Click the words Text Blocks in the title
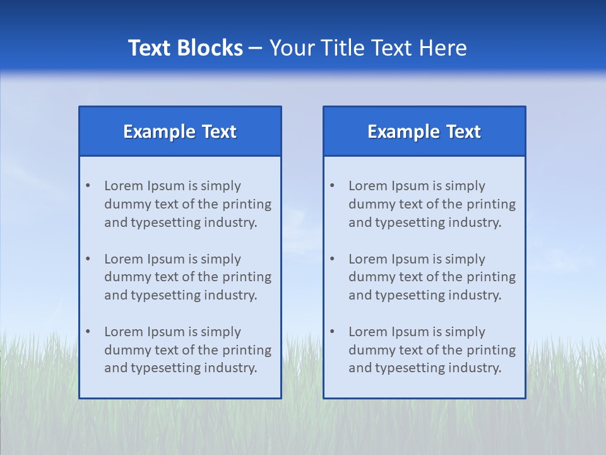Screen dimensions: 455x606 186,48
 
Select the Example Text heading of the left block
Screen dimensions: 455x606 180,131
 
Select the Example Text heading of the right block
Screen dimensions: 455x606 424,131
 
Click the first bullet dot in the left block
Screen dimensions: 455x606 88,186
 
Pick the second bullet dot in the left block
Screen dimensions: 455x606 88,259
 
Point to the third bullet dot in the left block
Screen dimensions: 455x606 88,332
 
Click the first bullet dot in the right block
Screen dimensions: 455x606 332,186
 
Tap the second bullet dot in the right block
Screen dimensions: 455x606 332,259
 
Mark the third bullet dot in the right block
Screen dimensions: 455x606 332,332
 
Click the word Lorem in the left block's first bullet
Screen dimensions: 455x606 124,186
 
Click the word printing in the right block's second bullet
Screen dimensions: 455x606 492,277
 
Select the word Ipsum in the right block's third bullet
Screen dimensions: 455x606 411,332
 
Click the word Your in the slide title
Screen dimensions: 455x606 292,48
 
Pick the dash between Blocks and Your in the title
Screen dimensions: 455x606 256,48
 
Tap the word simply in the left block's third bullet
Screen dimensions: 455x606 220,332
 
